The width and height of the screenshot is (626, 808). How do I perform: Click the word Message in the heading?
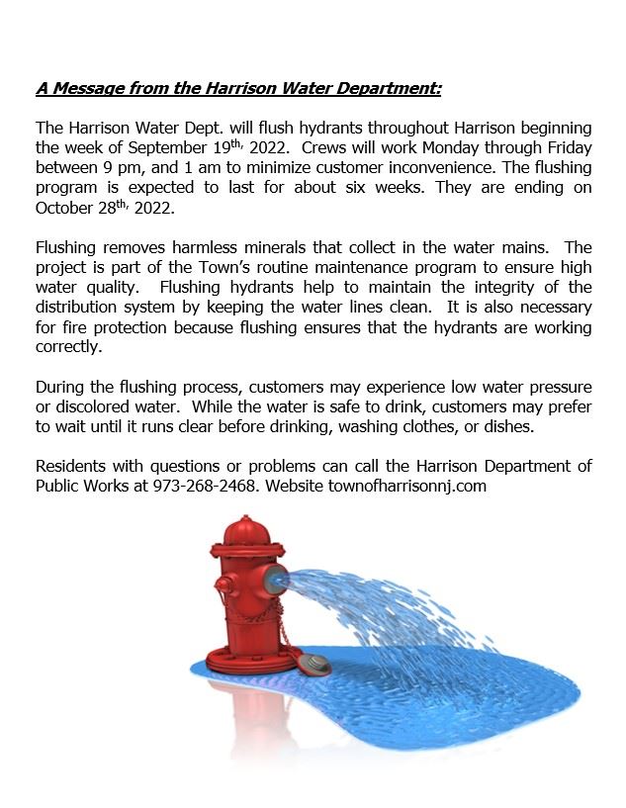[x=85, y=89]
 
